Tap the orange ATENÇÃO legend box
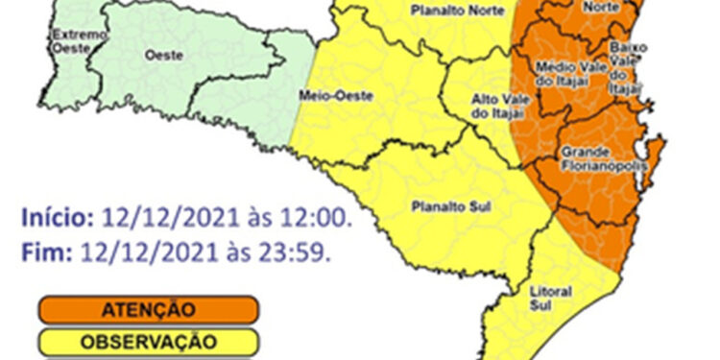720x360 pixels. coord(148,310)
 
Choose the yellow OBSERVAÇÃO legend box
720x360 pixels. coord(148,341)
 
